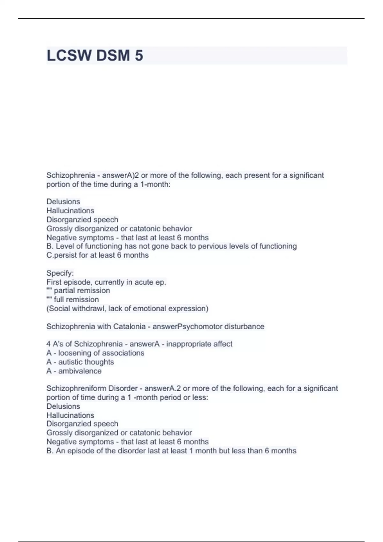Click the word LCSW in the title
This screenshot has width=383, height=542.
(69, 55)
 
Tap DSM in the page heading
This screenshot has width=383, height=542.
(113, 55)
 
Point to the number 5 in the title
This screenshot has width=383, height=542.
(139, 55)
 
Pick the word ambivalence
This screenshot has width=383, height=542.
(80, 371)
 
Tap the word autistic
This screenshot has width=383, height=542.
(68, 362)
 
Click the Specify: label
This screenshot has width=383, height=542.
(60, 273)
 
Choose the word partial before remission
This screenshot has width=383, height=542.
(65, 291)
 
